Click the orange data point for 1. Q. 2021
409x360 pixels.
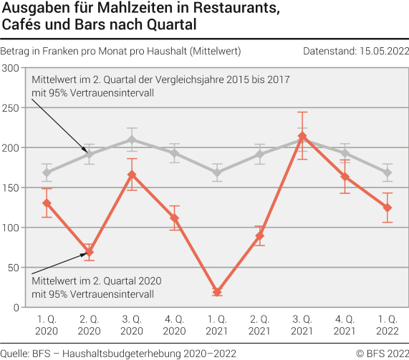pyautogui.click(x=217, y=292)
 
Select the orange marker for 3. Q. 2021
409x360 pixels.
pyautogui.click(x=302, y=136)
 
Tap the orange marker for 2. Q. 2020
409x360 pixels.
pyautogui.click(x=90, y=253)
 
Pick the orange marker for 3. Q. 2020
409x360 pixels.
pyautogui.click(x=132, y=175)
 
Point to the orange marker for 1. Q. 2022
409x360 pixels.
pyautogui.click(x=387, y=208)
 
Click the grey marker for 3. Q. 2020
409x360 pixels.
pyautogui.click(x=132, y=140)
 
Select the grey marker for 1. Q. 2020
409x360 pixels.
pyautogui.click(x=47, y=172)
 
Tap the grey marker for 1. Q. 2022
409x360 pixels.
pyautogui.click(x=387, y=172)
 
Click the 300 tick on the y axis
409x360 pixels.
pyautogui.click(x=11, y=68)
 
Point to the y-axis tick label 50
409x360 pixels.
pyautogui.click(x=14, y=268)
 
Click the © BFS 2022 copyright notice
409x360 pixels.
pyautogui.click(x=381, y=353)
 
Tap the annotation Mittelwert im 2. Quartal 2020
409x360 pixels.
pyautogui.click(x=97, y=281)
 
